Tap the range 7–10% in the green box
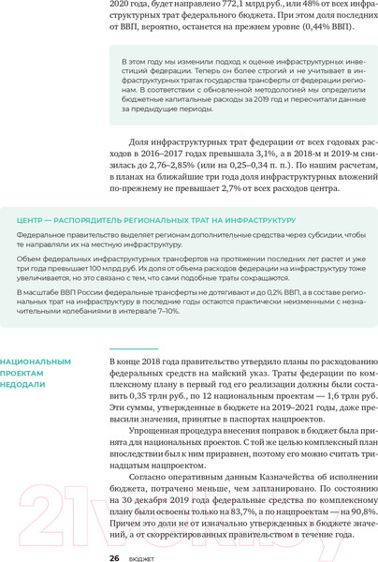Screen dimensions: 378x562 pyautogui.click(x=166, y=310)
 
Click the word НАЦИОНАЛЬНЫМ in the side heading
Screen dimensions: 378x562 pyautogui.click(x=36, y=361)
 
